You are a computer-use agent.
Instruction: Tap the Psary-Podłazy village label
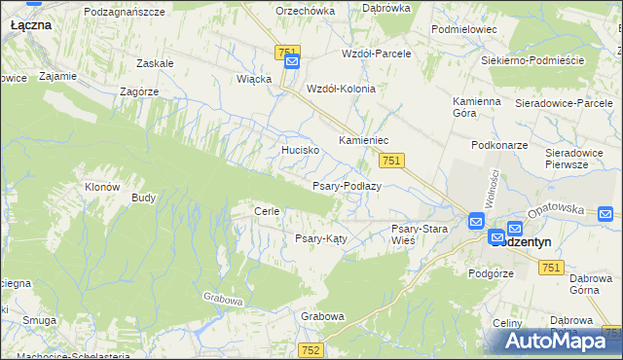pyautogui.click(x=346, y=186)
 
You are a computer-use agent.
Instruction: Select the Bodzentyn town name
pyautogui.click(x=527, y=244)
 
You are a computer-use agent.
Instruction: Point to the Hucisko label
pyautogui.click(x=301, y=151)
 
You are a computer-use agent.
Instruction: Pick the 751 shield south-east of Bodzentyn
pyautogui.click(x=551, y=268)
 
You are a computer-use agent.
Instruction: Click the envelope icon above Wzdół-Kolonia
pyautogui.click(x=293, y=63)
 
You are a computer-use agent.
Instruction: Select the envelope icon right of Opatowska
pyautogui.click(x=605, y=214)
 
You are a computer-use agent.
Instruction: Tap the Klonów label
pyautogui.click(x=102, y=187)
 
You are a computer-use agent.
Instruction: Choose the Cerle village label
pyautogui.click(x=267, y=211)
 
